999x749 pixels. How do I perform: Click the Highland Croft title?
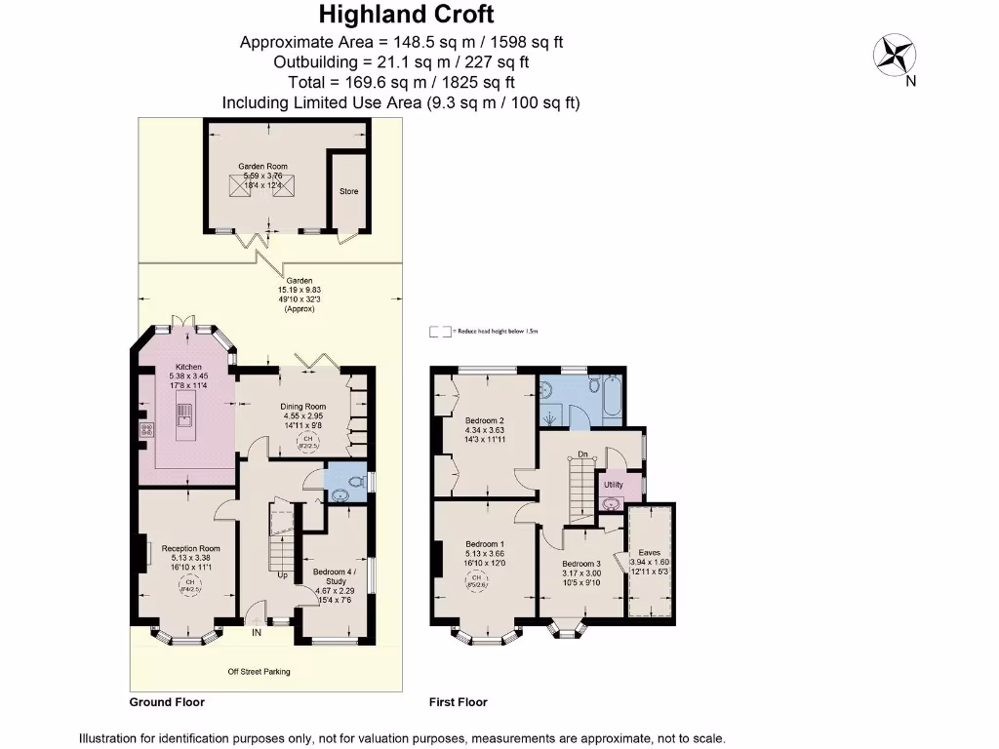point(408,15)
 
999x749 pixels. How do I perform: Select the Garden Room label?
point(263,167)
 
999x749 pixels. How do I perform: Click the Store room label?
point(348,191)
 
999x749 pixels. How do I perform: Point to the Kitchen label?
point(188,367)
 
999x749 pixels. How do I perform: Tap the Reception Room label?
point(184,548)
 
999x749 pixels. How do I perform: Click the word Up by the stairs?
point(283,575)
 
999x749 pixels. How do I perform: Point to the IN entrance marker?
point(258,633)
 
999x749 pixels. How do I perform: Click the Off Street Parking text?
point(259,671)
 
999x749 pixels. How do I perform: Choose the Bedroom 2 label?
point(484,420)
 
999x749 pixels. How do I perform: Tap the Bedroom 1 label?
point(484,543)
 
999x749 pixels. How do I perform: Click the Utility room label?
point(613,484)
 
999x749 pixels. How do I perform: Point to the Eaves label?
point(650,552)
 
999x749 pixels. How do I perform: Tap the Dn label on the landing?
point(582,453)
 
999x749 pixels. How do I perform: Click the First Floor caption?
point(458,702)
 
